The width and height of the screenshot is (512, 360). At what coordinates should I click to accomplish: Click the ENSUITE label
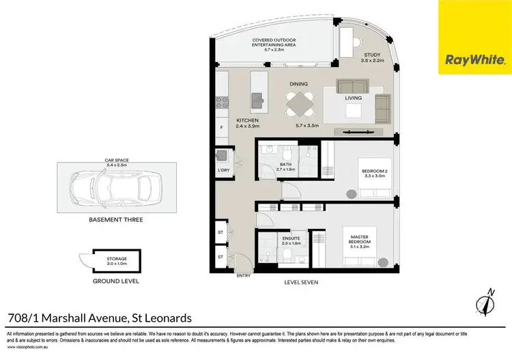pos(291,239)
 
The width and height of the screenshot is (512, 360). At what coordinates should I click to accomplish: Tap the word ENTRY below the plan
pos(242,275)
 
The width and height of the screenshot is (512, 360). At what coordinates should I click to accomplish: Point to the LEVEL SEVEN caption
pos(302,281)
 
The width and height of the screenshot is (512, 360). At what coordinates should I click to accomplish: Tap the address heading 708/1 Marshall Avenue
pos(100,317)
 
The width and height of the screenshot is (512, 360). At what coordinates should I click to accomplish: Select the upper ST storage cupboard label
pos(221,232)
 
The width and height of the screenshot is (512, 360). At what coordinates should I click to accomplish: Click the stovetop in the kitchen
pos(221,103)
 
